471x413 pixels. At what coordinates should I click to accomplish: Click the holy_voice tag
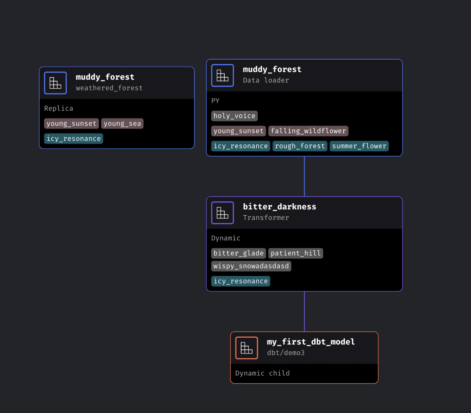point(234,116)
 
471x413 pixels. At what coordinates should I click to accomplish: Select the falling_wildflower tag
point(308,131)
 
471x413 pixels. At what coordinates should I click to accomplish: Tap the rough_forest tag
point(300,146)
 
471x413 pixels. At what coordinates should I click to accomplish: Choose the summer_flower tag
point(359,146)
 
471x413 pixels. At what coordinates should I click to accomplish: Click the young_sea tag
point(122,123)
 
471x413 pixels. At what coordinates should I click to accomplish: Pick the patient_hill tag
point(295,253)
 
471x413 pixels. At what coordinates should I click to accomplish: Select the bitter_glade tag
point(238,253)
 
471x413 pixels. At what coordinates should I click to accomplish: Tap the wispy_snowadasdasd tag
point(251,266)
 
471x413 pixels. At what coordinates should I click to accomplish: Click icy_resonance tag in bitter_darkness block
point(241,281)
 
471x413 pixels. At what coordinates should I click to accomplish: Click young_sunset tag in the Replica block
point(72,123)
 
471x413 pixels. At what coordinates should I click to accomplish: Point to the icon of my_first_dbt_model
point(246,348)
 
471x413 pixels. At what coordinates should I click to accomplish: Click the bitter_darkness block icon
point(222,213)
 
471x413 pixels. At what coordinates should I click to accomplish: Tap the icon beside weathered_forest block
point(55,83)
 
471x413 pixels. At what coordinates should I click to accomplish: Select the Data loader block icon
point(222,75)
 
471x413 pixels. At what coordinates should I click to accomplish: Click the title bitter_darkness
point(279,206)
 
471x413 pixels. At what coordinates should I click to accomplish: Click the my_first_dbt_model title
point(310,342)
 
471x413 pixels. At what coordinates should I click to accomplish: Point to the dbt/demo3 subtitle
point(286,353)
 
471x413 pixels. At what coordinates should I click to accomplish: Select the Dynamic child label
point(262,373)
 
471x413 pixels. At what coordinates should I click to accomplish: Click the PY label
point(215,101)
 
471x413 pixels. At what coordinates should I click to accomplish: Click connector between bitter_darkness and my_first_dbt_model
point(304,311)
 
